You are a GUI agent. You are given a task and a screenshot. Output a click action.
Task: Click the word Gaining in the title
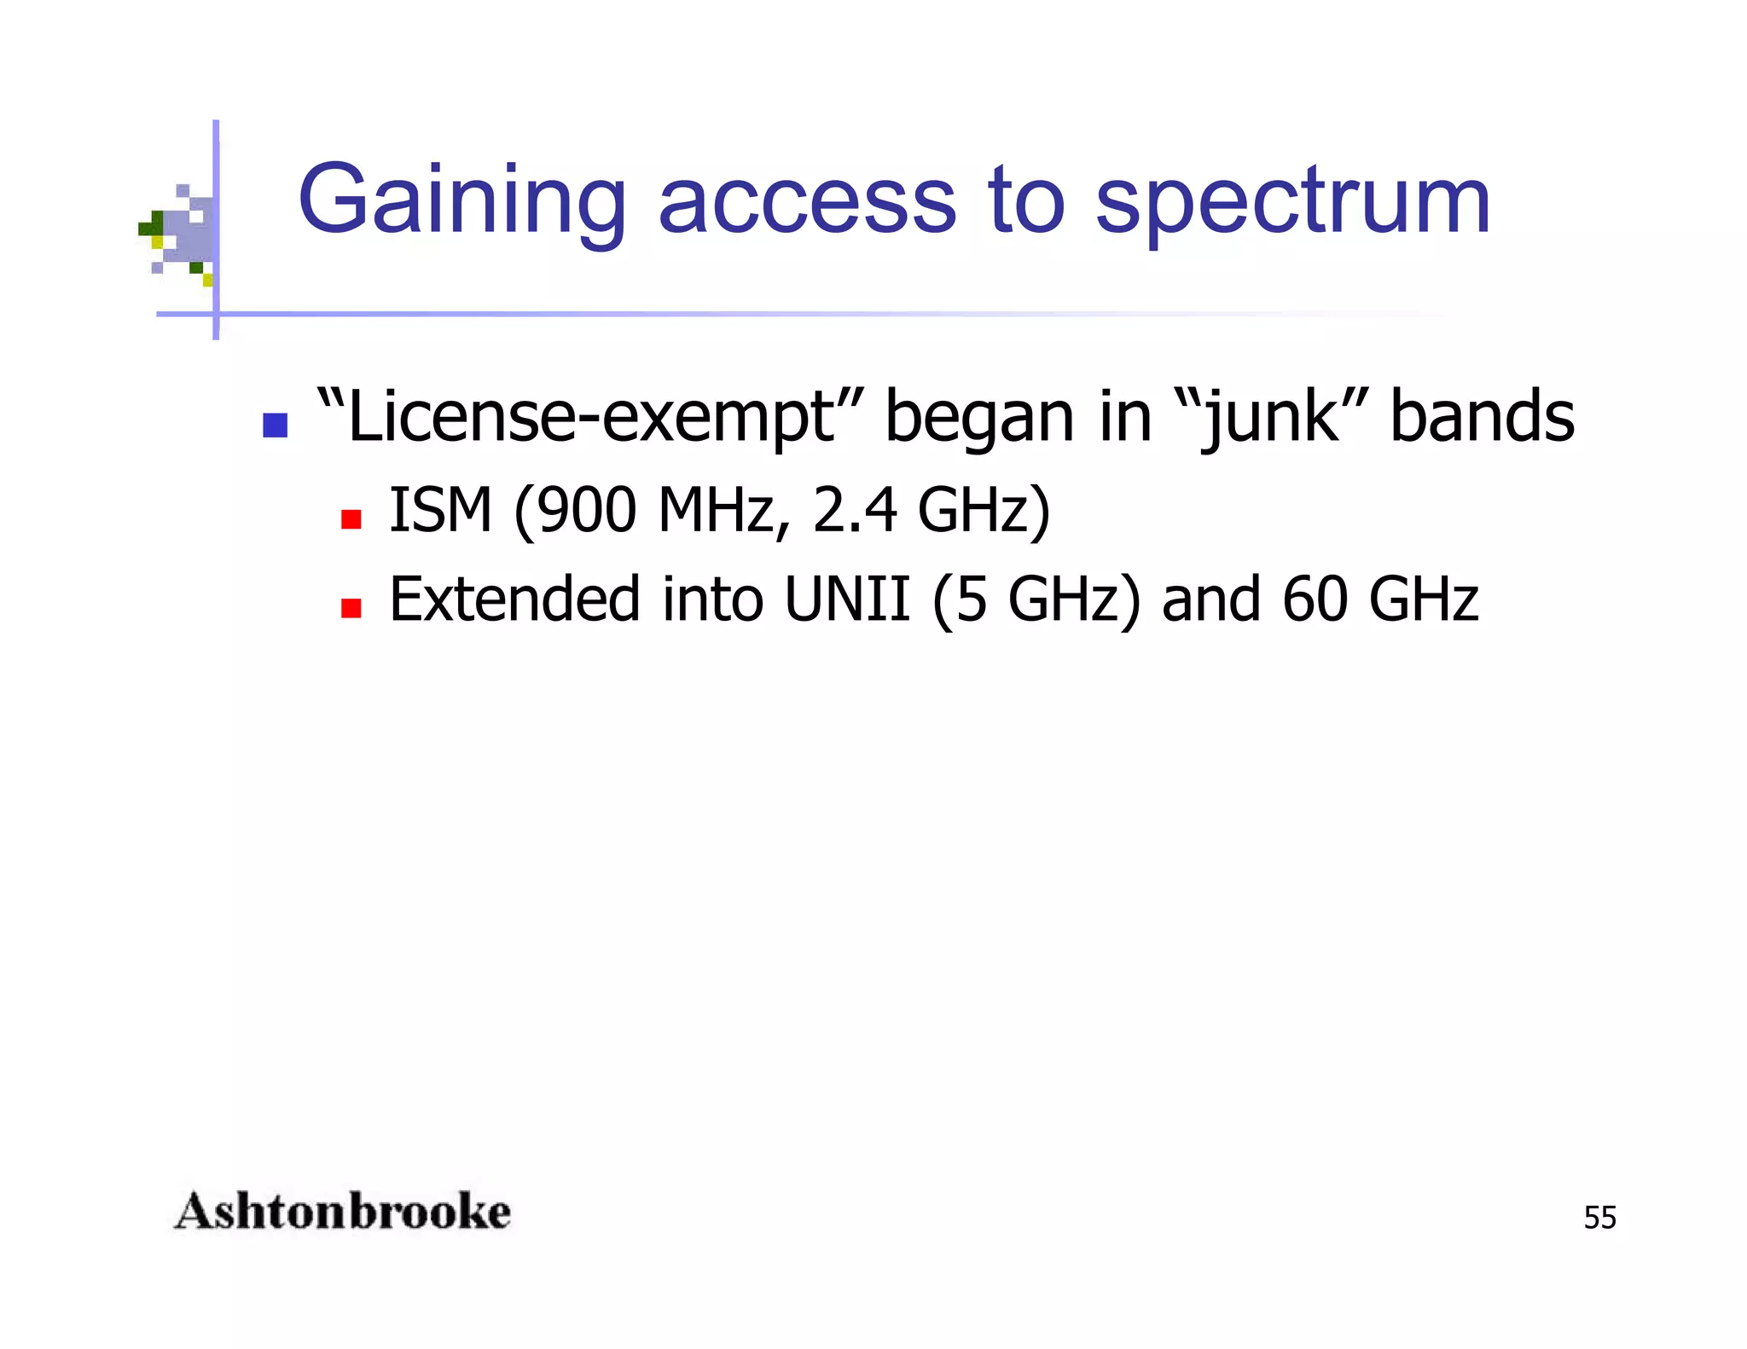(x=461, y=201)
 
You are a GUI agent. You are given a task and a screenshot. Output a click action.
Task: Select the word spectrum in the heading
(x=1292, y=203)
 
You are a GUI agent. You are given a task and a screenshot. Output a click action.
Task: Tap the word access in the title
(x=807, y=201)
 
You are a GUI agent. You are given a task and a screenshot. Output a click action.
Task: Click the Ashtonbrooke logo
(x=342, y=1212)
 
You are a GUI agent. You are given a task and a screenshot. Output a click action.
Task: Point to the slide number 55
(x=1599, y=1218)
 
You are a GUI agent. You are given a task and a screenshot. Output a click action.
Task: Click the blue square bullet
(x=275, y=425)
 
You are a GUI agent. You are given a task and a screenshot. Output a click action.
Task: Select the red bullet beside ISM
(x=351, y=519)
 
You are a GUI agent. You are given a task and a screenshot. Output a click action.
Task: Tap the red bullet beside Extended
(x=351, y=608)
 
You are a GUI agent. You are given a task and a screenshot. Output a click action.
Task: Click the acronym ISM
(x=440, y=511)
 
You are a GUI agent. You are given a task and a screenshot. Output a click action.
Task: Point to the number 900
(x=587, y=511)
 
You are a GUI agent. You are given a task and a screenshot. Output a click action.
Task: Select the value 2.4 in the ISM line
(x=854, y=511)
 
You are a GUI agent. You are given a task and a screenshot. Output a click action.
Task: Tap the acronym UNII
(x=847, y=599)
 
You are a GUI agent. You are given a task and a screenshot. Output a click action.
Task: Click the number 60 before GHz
(x=1315, y=599)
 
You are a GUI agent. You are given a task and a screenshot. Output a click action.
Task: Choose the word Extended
(x=514, y=599)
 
